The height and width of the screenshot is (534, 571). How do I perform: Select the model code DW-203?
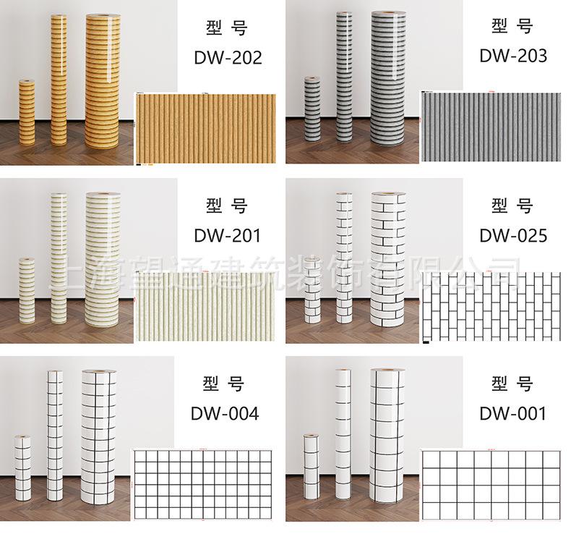tap(513, 55)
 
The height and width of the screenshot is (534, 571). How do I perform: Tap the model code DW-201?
tap(228, 235)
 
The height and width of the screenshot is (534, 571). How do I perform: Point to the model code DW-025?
tap(513, 235)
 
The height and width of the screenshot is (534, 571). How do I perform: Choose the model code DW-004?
tap(225, 413)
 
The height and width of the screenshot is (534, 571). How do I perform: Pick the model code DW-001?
tap(513, 413)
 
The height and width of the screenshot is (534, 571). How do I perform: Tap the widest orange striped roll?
tap(103, 81)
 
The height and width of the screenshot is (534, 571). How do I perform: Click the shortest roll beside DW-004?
tap(22, 469)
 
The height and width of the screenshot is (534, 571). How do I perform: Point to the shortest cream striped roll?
tap(27, 289)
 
